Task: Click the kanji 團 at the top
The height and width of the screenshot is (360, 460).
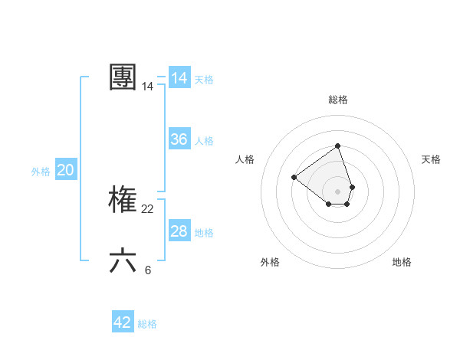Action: tap(123, 78)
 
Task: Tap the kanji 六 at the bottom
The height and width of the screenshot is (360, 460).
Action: tap(123, 261)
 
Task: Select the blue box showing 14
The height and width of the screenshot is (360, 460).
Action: tap(179, 78)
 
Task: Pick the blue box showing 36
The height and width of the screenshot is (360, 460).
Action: tap(179, 139)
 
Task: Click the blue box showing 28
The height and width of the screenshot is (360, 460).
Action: tap(179, 231)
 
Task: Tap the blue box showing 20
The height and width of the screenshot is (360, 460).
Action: tap(65, 170)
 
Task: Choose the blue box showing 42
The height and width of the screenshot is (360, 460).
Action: tap(123, 322)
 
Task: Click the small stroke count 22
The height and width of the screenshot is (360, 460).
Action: tap(148, 209)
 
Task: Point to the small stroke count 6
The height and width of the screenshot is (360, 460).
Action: tap(148, 270)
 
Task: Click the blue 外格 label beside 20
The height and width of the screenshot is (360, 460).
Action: tap(41, 172)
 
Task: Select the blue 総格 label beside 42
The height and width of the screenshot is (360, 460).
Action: tap(147, 324)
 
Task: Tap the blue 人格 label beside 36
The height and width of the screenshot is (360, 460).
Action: tap(204, 141)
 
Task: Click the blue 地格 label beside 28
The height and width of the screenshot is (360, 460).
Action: tap(204, 233)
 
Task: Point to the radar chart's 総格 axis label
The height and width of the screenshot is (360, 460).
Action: tap(338, 100)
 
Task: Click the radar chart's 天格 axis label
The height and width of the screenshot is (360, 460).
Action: tap(432, 159)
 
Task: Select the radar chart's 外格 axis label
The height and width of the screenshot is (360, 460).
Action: tap(270, 262)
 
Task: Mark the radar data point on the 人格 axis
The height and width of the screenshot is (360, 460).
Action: tap(294, 177)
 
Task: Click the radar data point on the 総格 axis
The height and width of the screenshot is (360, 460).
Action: tap(337, 146)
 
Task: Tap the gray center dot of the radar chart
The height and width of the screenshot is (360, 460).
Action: tap(337, 191)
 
